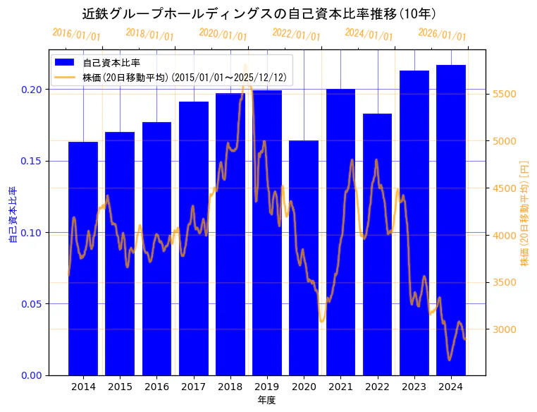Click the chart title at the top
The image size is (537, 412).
tap(259, 13)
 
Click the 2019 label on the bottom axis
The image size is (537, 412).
tap(267, 387)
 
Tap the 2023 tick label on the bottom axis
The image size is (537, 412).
tap(414, 387)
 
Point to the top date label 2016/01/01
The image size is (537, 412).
tap(77, 35)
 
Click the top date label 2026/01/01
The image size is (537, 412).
tap(442, 35)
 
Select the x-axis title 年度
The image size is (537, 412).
tap(266, 400)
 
